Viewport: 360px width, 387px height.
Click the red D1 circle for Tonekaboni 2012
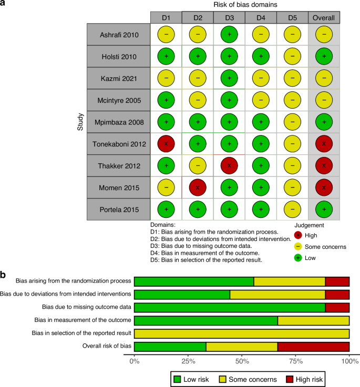tap(166, 143)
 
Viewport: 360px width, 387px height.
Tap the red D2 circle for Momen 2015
tap(198, 187)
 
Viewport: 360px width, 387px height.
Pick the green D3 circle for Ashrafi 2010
tap(229, 35)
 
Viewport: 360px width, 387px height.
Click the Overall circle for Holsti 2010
tap(324, 56)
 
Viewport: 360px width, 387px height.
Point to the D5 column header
tap(292, 18)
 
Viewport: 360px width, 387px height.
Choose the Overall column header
tap(324, 18)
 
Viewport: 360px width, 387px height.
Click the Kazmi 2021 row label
tap(118, 78)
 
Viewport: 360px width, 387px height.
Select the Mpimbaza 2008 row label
tap(118, 122)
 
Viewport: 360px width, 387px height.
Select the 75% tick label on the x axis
tap(295, 362)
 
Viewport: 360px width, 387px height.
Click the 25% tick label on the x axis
tap(188, 362)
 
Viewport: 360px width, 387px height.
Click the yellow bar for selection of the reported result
tap(242, 333)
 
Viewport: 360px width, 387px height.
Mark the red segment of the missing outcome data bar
tap(337, 307)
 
